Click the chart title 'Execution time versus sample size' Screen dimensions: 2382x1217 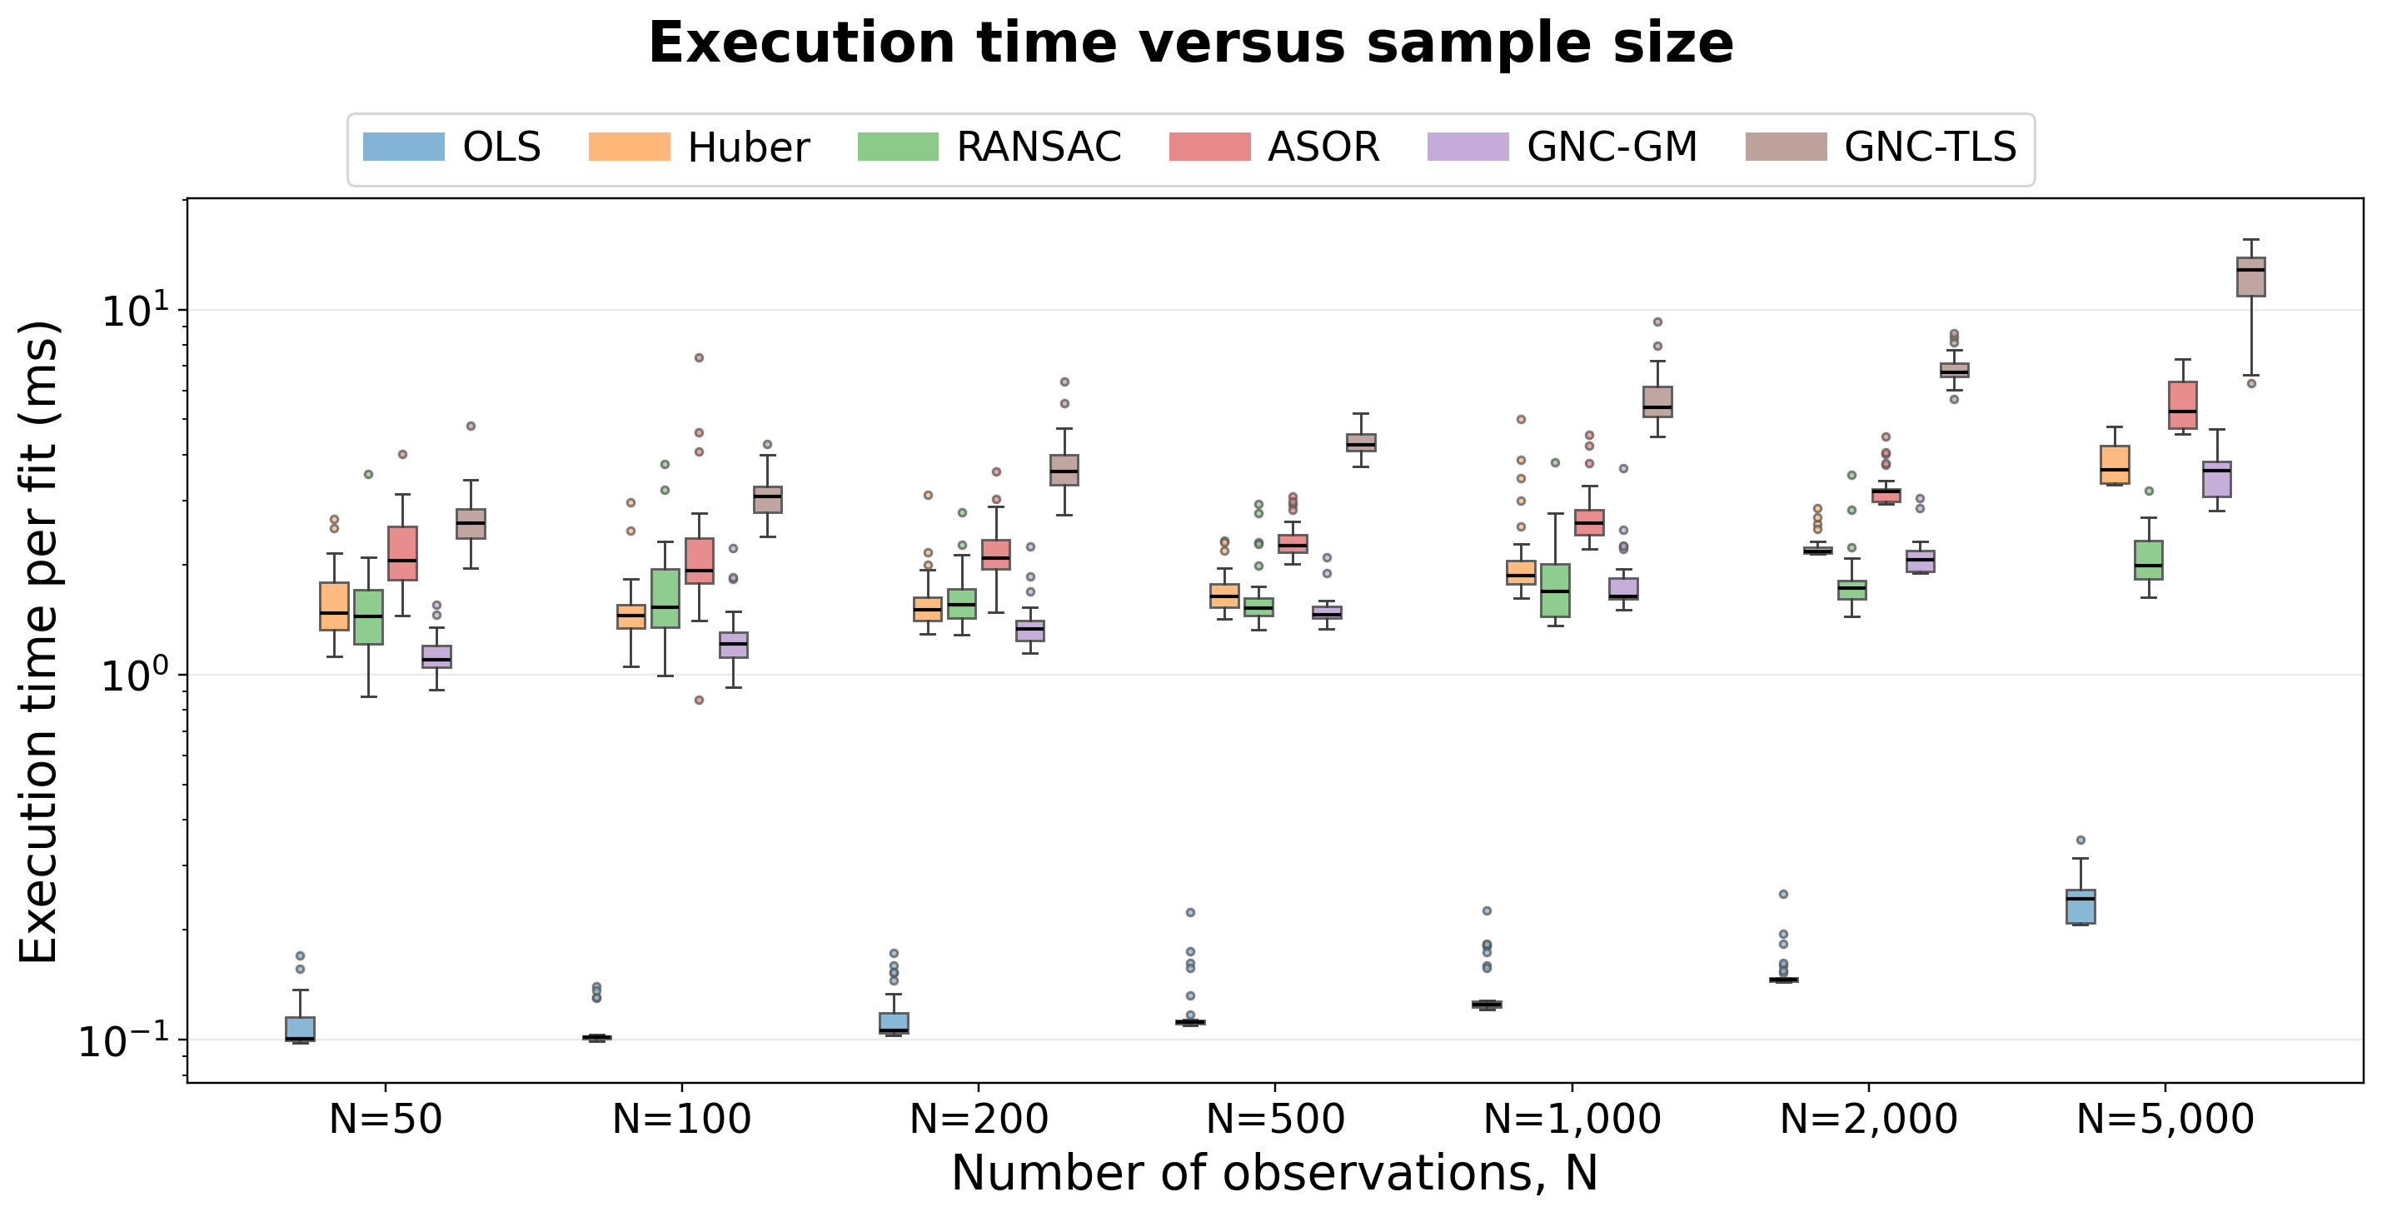[x=1191, y=43]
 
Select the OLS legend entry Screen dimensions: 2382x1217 [x=451, y=147]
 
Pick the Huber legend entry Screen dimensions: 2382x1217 [x=699, y=147]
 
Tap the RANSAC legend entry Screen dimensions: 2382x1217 [x=989, y=147]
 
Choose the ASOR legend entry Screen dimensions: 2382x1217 [x=1274, y=147]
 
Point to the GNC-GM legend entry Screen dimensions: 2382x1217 [x=1562, y=147]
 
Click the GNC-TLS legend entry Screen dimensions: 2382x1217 [x=1881, y=147]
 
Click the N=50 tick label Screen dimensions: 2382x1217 [x=386, y=1120]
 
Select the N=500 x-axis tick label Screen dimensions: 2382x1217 [x=1275, y=1120]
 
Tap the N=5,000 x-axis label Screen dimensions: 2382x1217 [x=2165, y=1120]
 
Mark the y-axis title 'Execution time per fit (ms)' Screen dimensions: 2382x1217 [x=39, y=641]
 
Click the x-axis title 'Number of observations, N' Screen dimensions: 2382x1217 [x=1274, y=1174]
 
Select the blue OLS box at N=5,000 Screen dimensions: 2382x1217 [x=2081, y=906]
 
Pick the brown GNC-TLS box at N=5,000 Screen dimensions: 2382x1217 [x=2251, y=277]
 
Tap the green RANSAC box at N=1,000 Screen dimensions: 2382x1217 [x=1555, y=590]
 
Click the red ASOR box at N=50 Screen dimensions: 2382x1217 [x=402, y=553]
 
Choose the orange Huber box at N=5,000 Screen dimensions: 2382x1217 [x=2115, y=464]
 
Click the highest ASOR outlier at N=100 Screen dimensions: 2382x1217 [x=699, y=357]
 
